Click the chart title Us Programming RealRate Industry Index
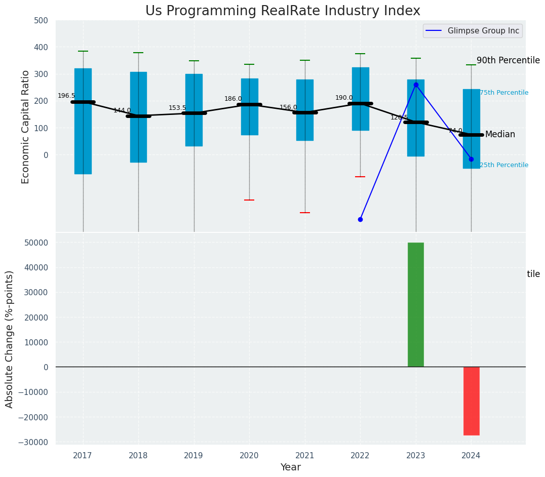pos(283,11)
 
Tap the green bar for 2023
pos(416,304)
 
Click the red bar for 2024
pos(471,401)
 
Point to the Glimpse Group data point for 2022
pos(360,219)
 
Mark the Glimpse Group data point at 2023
pos(416,85)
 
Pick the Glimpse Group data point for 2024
pos(471,159)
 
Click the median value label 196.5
pos(66,96)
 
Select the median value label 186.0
pos(233,99)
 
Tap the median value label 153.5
pos(177,108)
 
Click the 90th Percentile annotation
pos(508,60)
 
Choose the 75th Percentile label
pos(504,93)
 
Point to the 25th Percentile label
pos(504,165)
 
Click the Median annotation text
pos(500,134)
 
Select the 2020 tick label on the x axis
pos(249,456)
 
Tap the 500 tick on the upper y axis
pos(41,21)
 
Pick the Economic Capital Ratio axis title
pos(26,127)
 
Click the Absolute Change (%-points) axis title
pos(10,339)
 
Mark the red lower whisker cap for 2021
pos(305,213)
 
